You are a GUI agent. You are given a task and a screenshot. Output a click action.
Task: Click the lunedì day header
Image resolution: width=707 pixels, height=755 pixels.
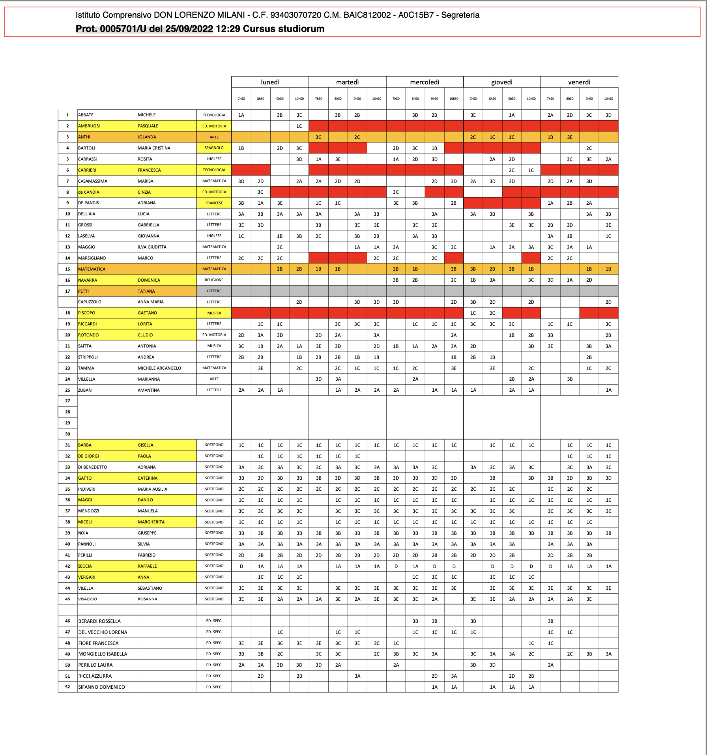point(270,82)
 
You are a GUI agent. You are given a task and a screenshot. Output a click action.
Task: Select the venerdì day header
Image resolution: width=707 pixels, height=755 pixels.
point(579,82)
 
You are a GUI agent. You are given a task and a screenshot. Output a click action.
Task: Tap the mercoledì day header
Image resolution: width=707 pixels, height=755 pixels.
point(425,82)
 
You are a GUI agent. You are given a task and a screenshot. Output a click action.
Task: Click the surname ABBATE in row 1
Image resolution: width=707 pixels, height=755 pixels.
point(86,115)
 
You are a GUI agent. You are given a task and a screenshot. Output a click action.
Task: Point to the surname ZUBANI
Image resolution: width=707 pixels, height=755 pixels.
point(85,390)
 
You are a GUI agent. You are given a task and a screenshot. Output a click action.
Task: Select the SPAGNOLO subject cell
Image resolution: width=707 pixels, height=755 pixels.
point(214,148)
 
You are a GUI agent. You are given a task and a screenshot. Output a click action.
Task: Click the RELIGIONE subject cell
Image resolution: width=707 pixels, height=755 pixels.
point(214,280)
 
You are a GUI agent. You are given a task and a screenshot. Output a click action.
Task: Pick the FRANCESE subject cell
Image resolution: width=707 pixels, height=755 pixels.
point(214,203)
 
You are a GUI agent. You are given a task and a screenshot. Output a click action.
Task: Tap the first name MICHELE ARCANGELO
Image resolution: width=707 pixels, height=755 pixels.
point(159,368)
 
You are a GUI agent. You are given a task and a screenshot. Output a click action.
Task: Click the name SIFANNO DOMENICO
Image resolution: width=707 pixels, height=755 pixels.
point(101,687)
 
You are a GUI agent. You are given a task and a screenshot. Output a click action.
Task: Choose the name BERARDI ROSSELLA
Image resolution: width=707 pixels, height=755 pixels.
point(99,621)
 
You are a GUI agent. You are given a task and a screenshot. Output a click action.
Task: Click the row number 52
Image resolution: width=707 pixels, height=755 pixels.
point(67,687)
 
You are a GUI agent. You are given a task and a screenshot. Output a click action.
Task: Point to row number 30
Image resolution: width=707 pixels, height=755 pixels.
point(67,434)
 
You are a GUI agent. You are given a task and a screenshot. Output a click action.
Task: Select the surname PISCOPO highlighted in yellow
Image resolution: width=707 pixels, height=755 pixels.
point(86,313)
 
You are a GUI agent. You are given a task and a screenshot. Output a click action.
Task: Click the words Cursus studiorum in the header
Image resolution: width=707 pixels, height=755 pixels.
point(284,29)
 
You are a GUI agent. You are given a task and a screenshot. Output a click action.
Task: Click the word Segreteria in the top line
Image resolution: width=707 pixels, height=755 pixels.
point(460,15)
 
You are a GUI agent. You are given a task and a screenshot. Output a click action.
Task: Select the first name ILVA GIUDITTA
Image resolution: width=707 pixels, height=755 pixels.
point(152,247)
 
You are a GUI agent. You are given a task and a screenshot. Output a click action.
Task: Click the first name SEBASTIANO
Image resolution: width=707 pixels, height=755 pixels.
point(150,588)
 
